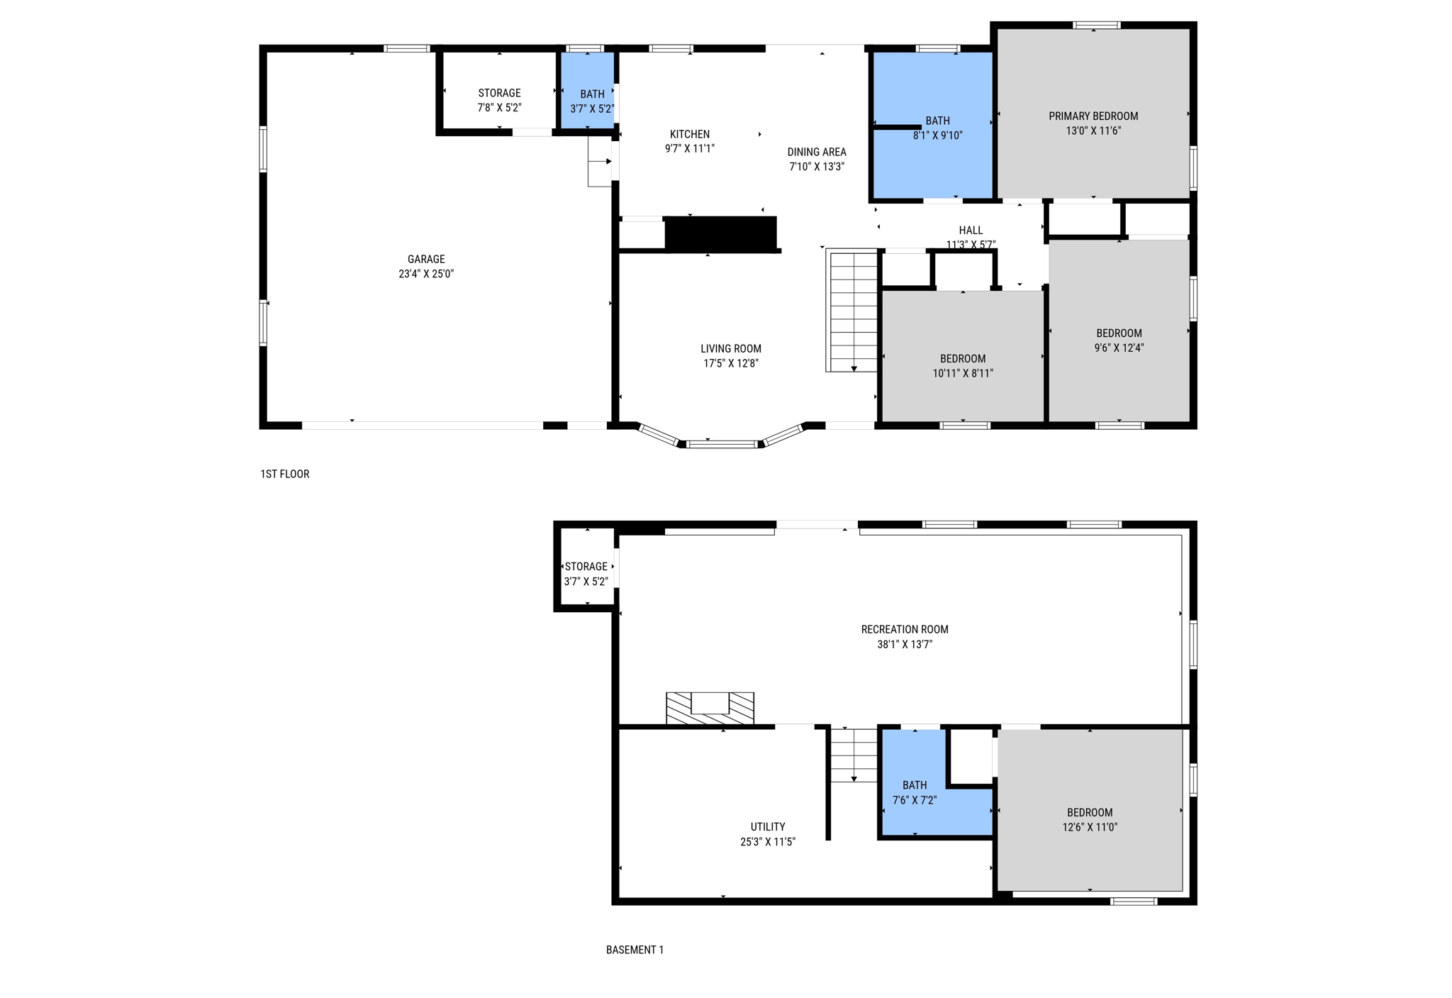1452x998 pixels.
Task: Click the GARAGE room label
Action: click(426, 260)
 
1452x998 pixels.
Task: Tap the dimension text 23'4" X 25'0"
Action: click(426, 275)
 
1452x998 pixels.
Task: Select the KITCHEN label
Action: click(690, 134)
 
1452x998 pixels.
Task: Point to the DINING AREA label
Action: click(817, 152)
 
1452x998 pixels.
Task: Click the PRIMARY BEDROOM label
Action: click(1093, 116)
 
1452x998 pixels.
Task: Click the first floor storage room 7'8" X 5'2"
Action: click(499, 99)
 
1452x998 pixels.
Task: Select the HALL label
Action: click(971, 231)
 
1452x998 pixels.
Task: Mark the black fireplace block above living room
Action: click(720, 234)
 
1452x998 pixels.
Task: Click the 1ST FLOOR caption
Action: click(285, 474)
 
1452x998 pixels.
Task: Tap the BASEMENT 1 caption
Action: click(635, 950)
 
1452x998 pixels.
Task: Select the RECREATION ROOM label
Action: click(905, 630)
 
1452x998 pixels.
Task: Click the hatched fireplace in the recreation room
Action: click(710, 709)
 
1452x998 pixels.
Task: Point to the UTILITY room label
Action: click(768, 827)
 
